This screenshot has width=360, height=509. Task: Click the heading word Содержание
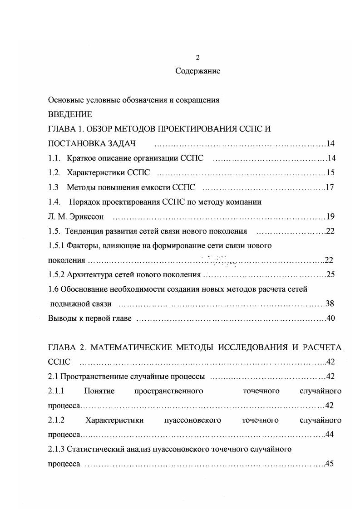197,71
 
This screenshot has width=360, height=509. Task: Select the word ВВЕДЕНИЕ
70,114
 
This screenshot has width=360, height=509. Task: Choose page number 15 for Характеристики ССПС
330,173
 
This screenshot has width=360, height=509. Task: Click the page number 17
330,187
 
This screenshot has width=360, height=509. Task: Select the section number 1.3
54,187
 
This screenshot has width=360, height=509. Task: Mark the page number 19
330,216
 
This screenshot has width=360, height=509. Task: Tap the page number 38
330,303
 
